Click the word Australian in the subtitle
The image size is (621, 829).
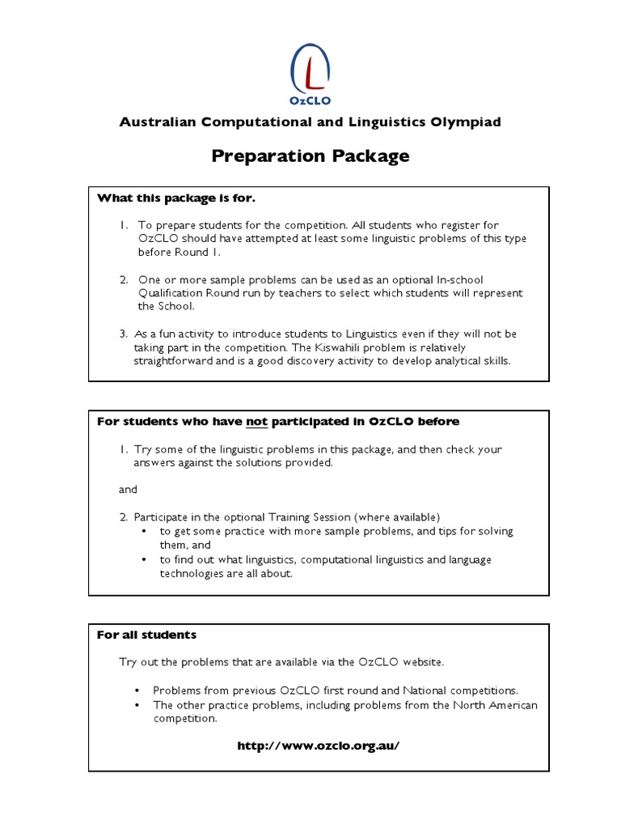click(156, 122)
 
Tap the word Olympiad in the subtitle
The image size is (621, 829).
click(469, 122)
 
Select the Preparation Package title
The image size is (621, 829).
click(310, 156)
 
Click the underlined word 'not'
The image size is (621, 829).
click(256, 421)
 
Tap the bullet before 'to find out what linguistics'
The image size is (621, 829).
click(143, 559)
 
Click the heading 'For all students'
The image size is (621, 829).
click(146, 635)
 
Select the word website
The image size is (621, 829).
click(421, 662)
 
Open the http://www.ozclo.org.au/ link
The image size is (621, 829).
click(319, 746)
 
